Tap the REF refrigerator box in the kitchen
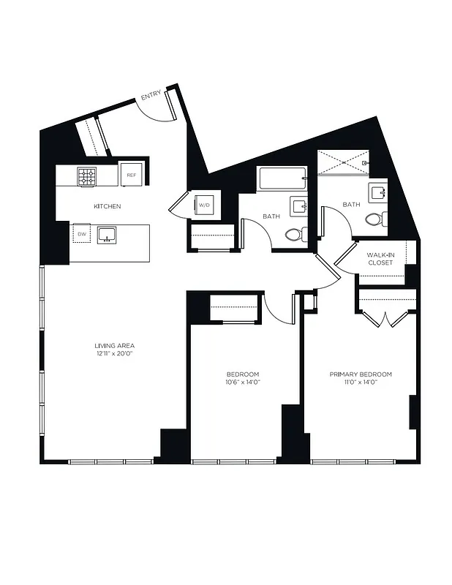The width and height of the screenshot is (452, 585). pos(131,175)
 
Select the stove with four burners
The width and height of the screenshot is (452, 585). pos(88,175)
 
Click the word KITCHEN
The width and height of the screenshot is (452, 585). pos(107,207)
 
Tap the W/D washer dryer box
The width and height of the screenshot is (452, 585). pos(204,205)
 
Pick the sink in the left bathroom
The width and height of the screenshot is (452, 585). pos(299,205)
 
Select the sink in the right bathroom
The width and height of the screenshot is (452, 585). pos(378,193)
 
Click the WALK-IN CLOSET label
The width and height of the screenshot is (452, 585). pos(380,258)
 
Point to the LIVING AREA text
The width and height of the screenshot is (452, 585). pos(114,345)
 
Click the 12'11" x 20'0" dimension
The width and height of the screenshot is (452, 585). pos(114,353)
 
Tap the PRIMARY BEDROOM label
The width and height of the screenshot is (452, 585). pos(361,374)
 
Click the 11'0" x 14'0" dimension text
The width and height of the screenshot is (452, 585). pos(361,382)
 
